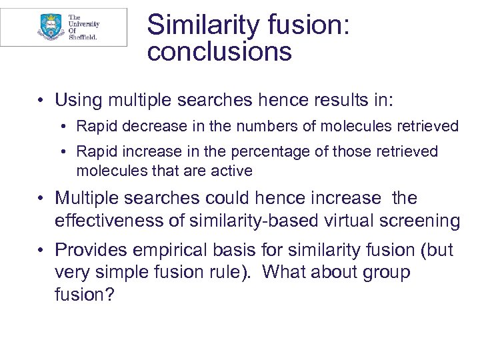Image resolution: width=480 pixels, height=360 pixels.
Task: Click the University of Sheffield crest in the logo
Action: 50,27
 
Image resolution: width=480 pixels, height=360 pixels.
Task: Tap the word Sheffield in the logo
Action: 83,37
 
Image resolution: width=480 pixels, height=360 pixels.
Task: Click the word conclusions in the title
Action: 219,51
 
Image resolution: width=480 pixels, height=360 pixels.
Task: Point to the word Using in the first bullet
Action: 76,100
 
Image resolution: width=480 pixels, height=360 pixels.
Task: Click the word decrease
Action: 151,126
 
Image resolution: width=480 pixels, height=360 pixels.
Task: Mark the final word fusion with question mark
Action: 83,294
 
